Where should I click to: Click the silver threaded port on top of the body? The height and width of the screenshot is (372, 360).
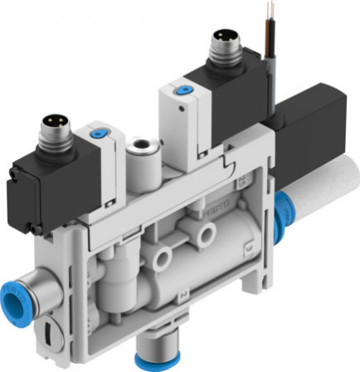point(138,153)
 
